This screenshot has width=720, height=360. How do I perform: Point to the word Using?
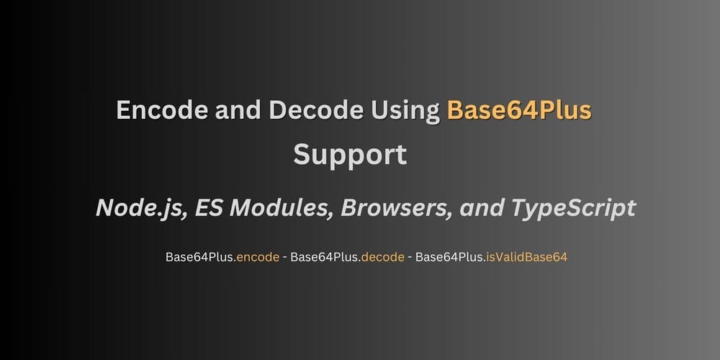coord(405,112)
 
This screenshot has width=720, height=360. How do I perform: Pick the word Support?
coord(350,156)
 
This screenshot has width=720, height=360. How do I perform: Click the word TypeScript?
coord(573,209)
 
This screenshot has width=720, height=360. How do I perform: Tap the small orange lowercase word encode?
coord(258,257)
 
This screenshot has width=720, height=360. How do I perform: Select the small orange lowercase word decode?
coord(383,257)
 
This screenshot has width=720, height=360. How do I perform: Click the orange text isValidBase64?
coord(526,257)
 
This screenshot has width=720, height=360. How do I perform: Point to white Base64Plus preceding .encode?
coord(199,257)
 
